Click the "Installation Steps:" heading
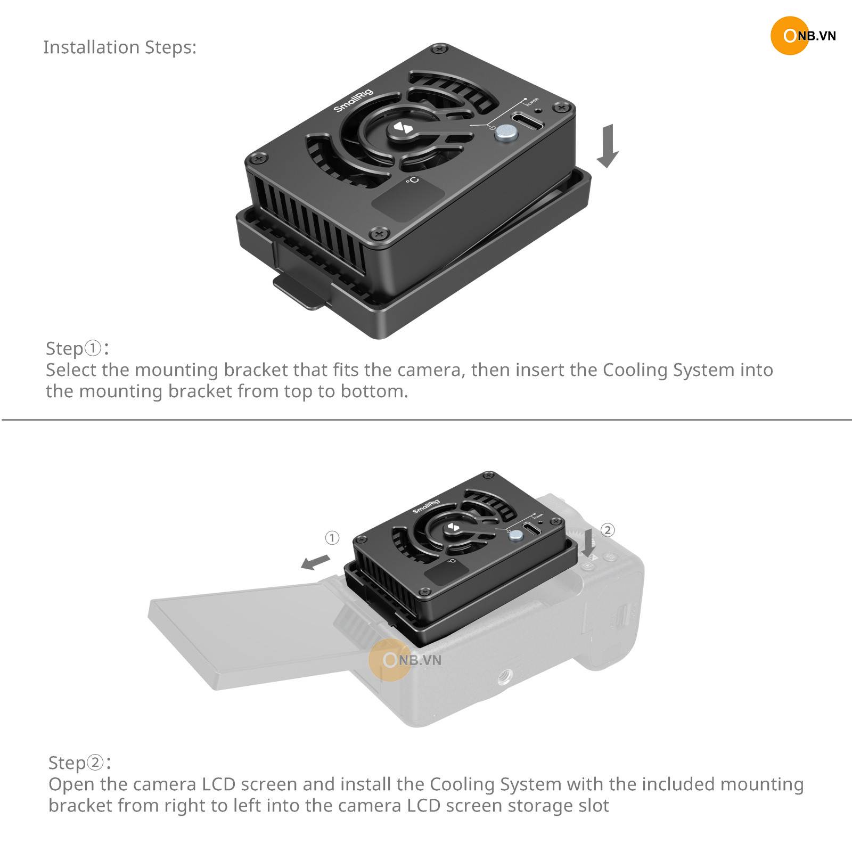tap(120, 47)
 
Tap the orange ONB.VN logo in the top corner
tap(803, 36)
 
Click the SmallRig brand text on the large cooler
tap(354, 100)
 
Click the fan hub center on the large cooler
tap(400, 129)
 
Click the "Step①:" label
tap(78, 348)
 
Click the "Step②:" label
tap(80, 763)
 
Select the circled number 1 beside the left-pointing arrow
tap(332, 538)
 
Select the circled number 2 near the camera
tap(608, 530)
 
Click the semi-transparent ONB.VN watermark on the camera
tap(405, 660)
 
